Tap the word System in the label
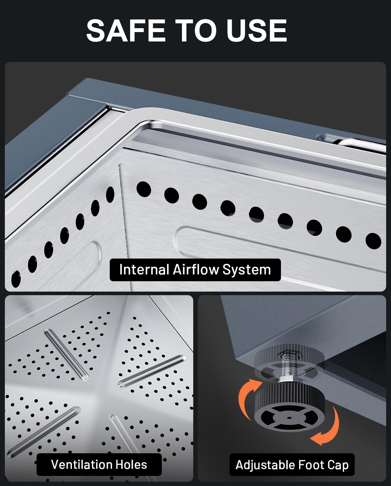[247, 270]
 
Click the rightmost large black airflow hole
[373, 241]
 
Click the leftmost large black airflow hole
[16, 279]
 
